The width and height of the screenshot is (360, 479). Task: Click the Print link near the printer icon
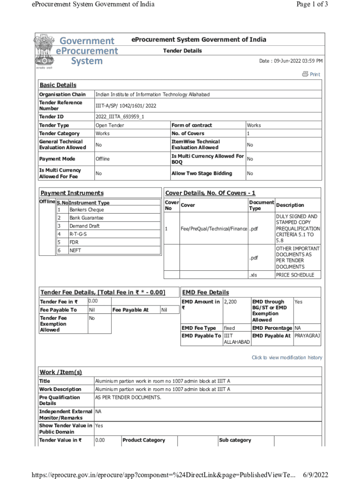tap(315, 74)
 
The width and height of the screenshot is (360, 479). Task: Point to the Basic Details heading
tap(58, 85)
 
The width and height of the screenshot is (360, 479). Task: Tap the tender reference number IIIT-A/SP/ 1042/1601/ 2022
tap(125, 106)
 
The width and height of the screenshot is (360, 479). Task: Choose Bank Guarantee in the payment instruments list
tap(86, 218)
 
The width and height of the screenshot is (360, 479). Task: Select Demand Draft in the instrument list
tap(85, 226)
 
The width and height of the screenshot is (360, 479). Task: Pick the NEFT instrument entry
tap(75, 250)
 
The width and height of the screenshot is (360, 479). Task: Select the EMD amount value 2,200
tap(231, 302)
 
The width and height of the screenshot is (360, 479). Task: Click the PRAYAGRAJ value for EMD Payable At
tap(307, 336)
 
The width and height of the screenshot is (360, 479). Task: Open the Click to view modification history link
tap(287, 357)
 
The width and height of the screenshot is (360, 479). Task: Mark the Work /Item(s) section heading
tap(61, 372)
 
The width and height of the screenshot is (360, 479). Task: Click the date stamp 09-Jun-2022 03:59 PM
tap(291, 61)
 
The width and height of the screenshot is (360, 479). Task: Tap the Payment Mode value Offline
tap(102, 159)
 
